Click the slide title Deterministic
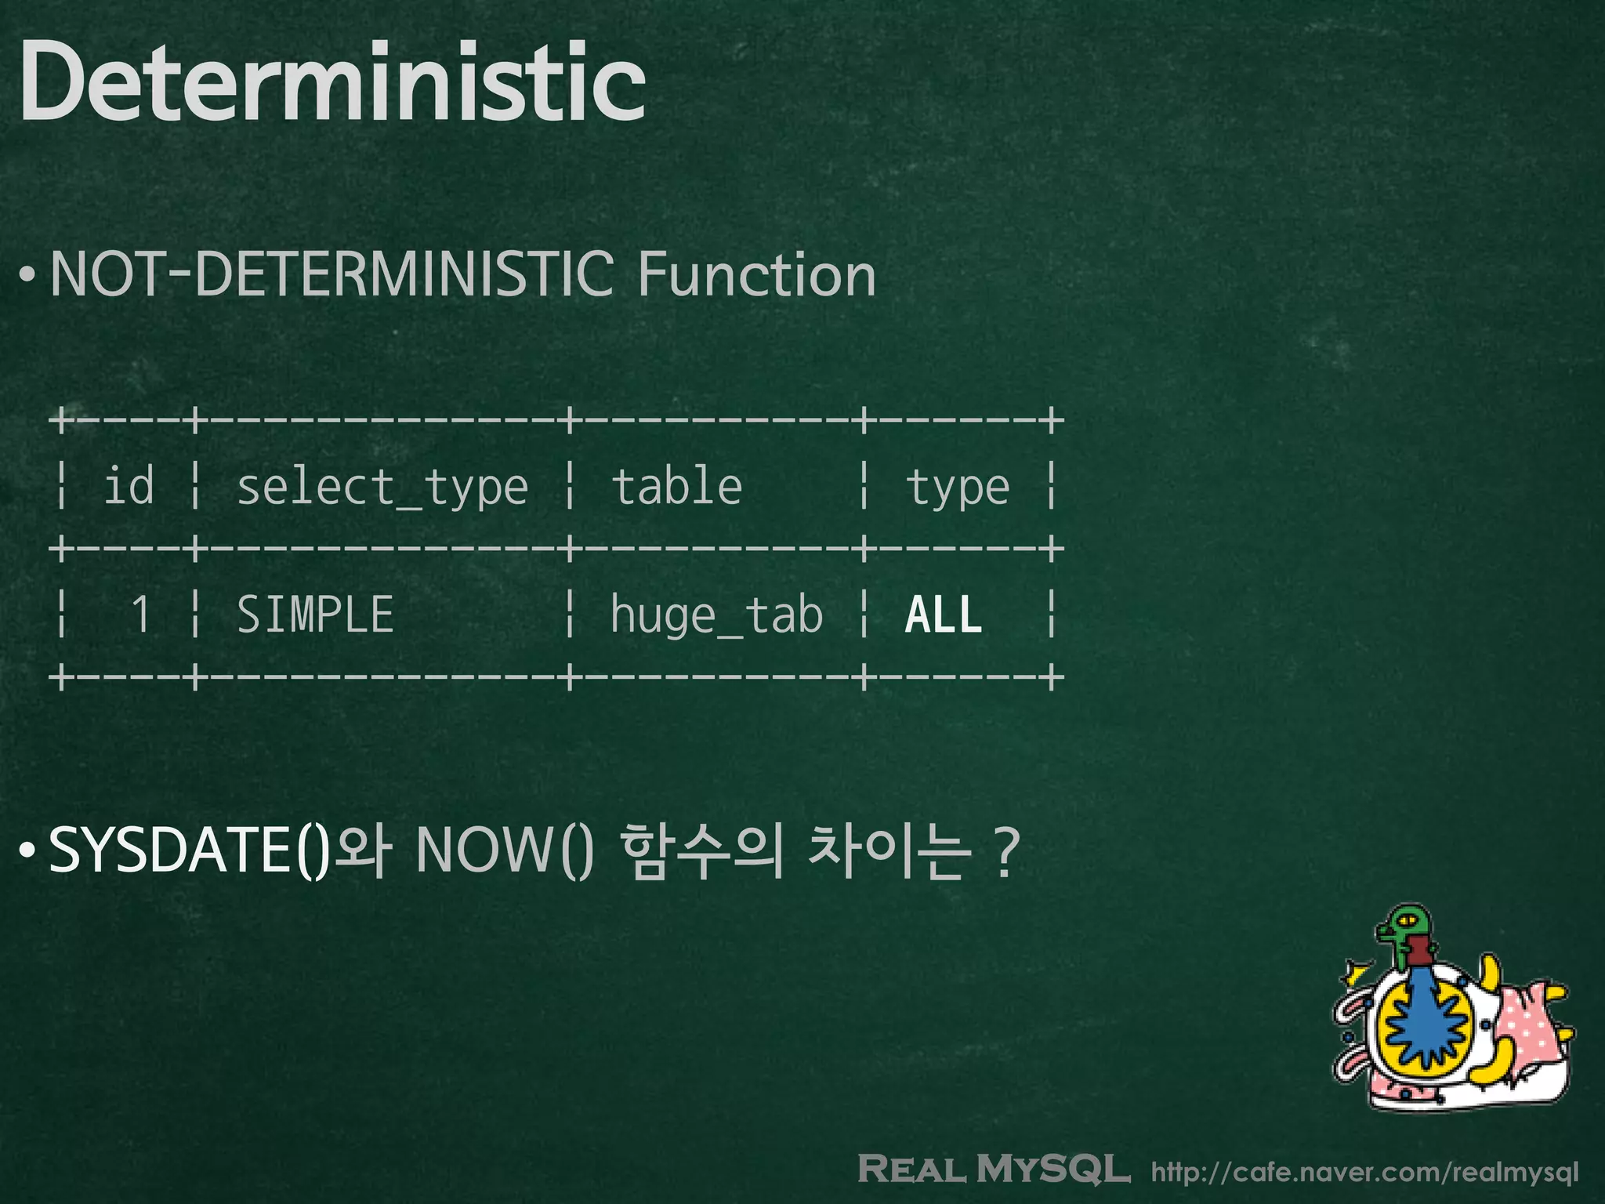pos(333,82)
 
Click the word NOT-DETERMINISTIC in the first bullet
pos(332,274)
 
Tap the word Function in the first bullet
pos(756,274)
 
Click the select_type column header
pos(382,488)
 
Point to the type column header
pos(958,488)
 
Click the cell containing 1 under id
pos(141,614)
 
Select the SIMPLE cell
pos(315,614)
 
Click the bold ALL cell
pos(944,614)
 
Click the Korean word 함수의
pos(702,850)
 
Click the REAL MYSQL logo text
pos(994,1169)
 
